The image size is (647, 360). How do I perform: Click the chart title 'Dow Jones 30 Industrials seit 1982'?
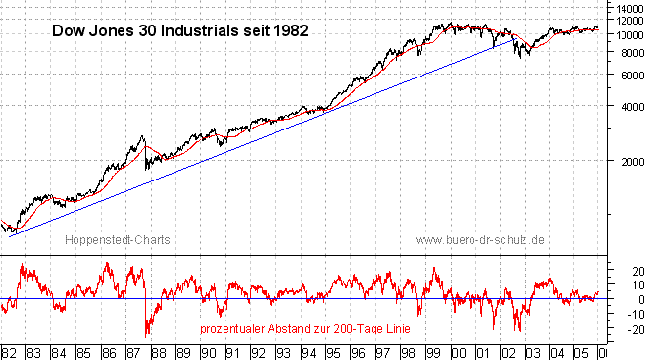(x=179, y=30)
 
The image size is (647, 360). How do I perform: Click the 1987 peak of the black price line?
(x=143, y=137)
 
